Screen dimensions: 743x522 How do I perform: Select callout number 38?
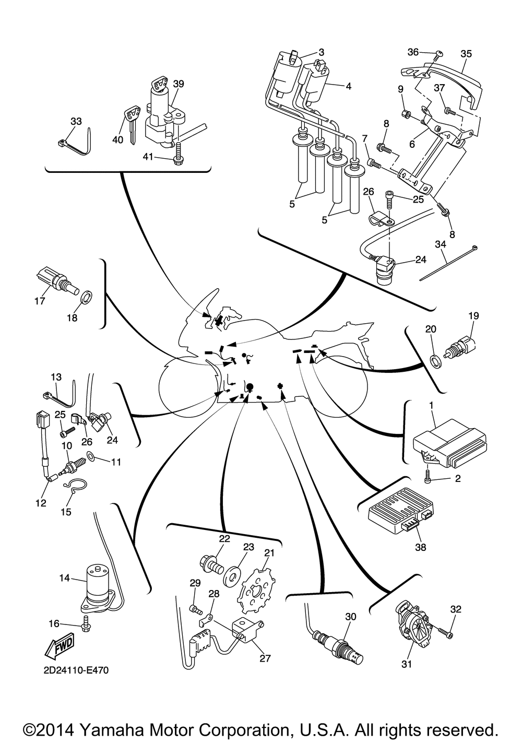(x=420, y=547)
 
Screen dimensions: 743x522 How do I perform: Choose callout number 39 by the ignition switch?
(x=179, y=84)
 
